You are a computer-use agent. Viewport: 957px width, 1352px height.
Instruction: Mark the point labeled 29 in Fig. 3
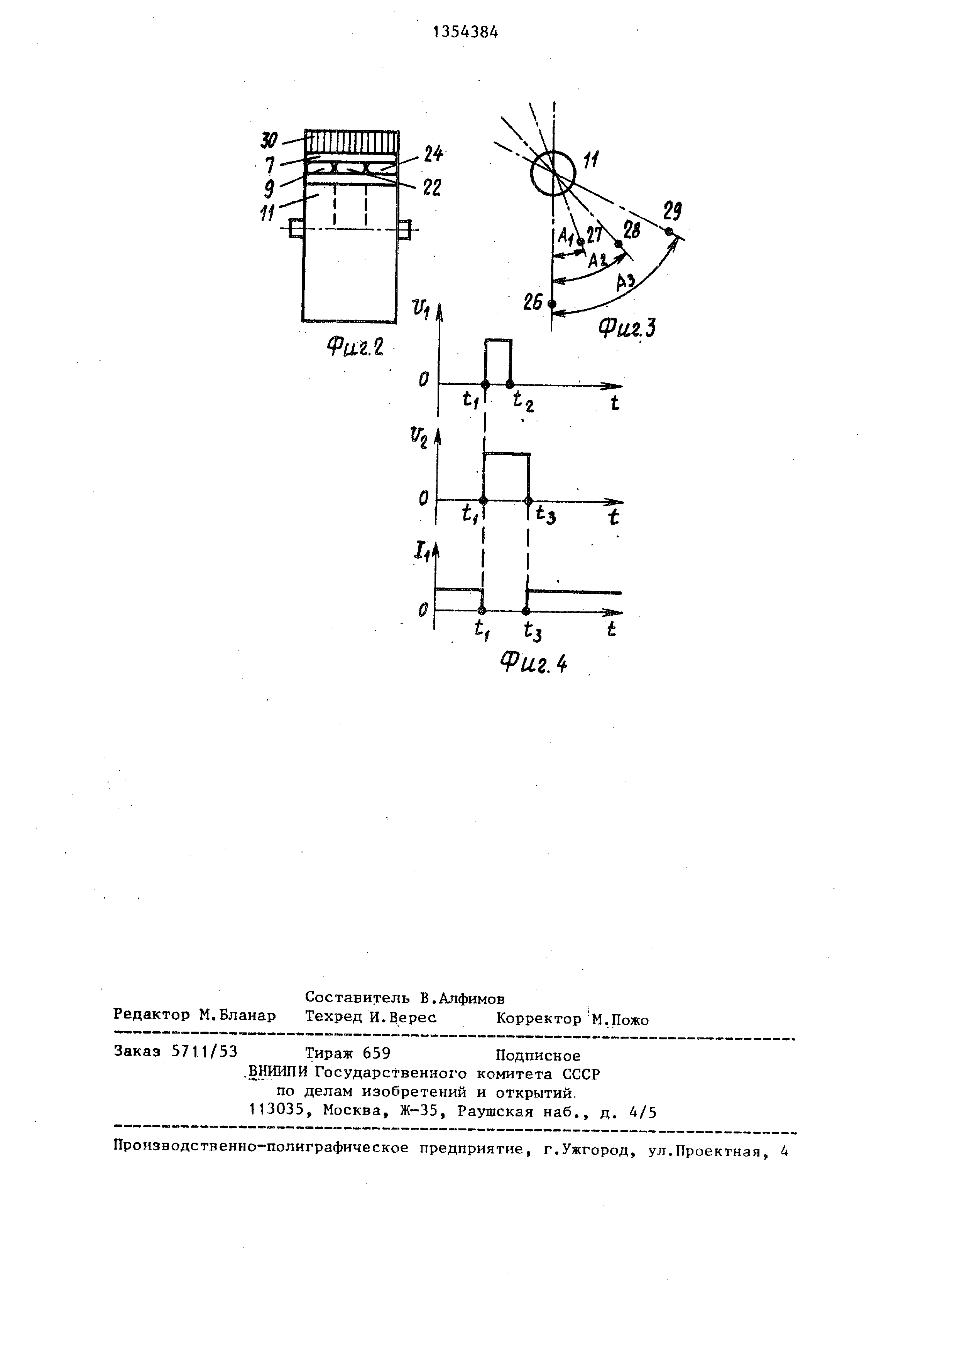coord(668,231)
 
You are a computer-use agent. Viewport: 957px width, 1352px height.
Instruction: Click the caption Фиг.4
coord(533,663)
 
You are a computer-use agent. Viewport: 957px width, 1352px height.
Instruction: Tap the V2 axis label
coord(419,439)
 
